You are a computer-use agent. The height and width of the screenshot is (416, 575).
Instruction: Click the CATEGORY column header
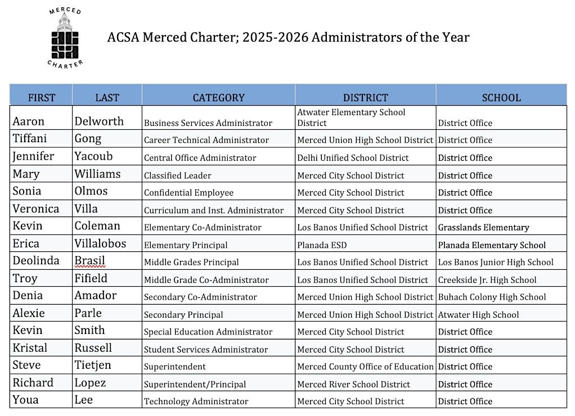(x=218, y=97)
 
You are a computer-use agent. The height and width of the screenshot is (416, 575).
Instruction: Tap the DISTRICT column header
(x=365, y=97)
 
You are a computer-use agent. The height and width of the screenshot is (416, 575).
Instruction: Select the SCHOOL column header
(x=501, y=97)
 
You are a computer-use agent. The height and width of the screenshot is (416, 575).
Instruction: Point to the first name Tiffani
(x=30, y=139)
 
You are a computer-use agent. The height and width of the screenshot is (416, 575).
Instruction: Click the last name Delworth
(x=99, y=121)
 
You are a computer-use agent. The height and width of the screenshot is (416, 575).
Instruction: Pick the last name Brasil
(x=90, y=261)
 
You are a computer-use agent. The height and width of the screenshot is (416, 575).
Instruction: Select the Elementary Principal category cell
(x=186, y=245)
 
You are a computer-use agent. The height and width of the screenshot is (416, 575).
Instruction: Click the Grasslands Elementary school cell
(x=483, y=228)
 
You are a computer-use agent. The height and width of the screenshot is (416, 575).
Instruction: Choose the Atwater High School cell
(x=478, y=315)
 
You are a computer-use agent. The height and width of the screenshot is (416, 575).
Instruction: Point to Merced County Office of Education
(x=365, y=367)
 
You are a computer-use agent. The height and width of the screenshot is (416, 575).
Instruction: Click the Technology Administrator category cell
(x=196, y=401)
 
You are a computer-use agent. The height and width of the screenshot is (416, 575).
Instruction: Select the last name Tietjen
(x=93, y=365)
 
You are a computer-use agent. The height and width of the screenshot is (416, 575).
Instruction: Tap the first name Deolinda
(x=35, y=261)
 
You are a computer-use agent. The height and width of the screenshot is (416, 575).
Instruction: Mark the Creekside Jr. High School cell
(x=487, y=280)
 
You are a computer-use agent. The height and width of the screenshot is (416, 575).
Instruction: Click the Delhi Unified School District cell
(x=353, y=158)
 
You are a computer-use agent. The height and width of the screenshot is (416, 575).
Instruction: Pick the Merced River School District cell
(x=353, y=385)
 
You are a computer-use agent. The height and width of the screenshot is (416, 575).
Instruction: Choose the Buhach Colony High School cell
(x=492, y=297)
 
